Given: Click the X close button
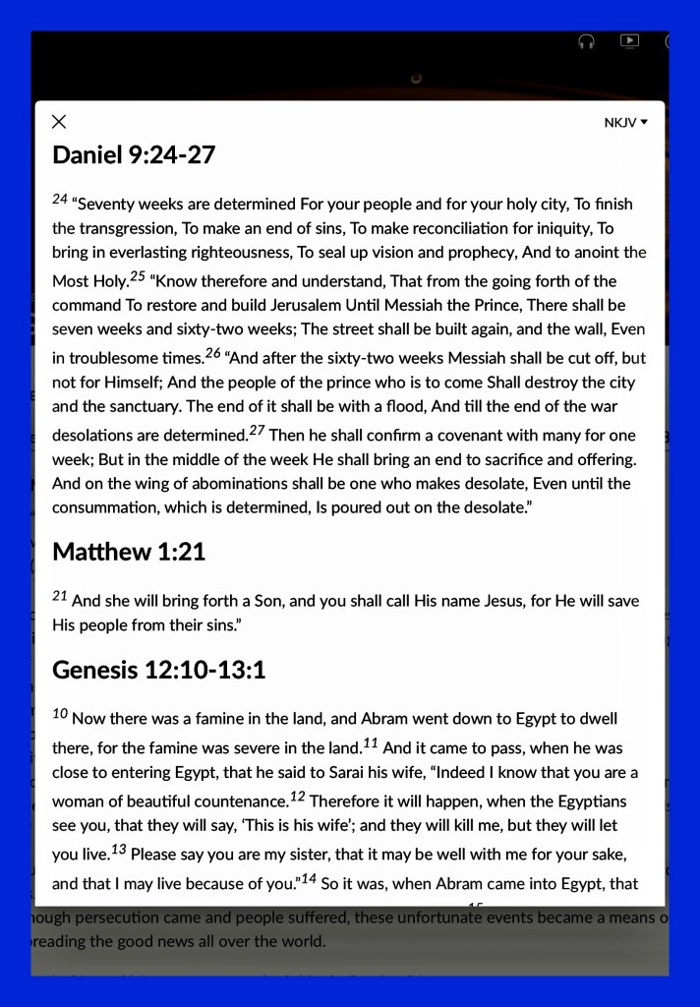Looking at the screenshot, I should coord(59,122).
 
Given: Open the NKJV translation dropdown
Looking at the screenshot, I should coord(626,123).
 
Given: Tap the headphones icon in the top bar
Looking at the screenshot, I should coord(587,41).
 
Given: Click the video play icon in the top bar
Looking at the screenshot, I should coord(629,41).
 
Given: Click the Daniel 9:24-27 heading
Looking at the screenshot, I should coord(134,154).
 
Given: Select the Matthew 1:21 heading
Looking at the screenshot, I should coord(129,552).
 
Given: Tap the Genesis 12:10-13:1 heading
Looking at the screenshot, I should coord(159,670).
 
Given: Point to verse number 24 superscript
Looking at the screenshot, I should coord(60,199).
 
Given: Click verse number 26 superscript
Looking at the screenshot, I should coord(213,352).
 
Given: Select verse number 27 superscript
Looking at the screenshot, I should coord(257,430).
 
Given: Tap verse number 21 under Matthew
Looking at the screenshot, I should coord(60,595).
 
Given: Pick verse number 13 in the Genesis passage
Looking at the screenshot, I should coord(118,848).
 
